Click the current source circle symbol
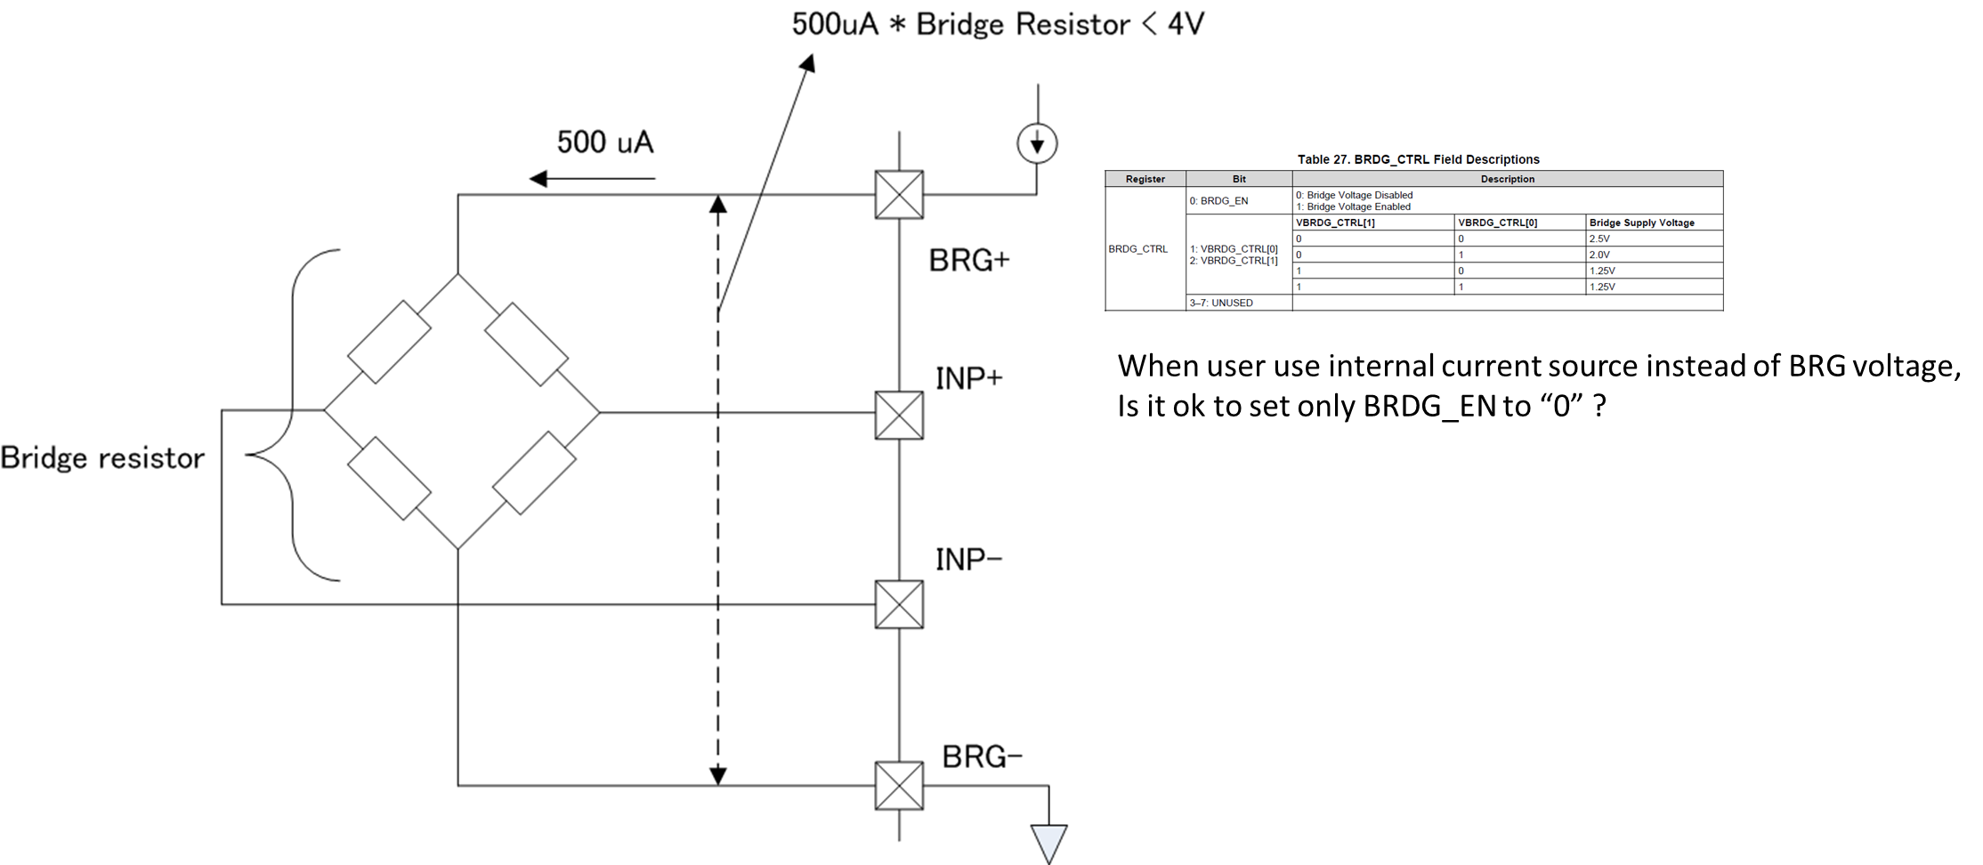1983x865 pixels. point(1037,143)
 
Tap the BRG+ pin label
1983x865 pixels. point(969,260)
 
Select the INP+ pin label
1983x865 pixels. point(968,378)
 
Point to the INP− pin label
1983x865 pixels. point(968,559)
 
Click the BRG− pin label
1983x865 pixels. point(982,756)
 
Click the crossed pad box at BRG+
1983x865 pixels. point(899,194)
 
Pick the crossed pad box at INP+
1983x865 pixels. point(899,415)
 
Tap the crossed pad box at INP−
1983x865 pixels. point(899,604)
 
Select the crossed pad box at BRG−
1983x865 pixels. point(899,786)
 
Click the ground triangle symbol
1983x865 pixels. point(1048,842)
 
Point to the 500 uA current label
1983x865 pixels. point(605,142)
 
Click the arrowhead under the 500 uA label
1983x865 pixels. point(538,179)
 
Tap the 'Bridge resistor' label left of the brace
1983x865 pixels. point(102,457)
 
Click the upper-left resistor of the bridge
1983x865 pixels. point(389,342)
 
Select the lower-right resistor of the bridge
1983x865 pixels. point(534,473)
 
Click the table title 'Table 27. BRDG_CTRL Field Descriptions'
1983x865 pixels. point(1418,159)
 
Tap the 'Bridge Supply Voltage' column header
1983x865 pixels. point(1641,222)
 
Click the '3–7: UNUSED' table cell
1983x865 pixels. point(1221,303)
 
